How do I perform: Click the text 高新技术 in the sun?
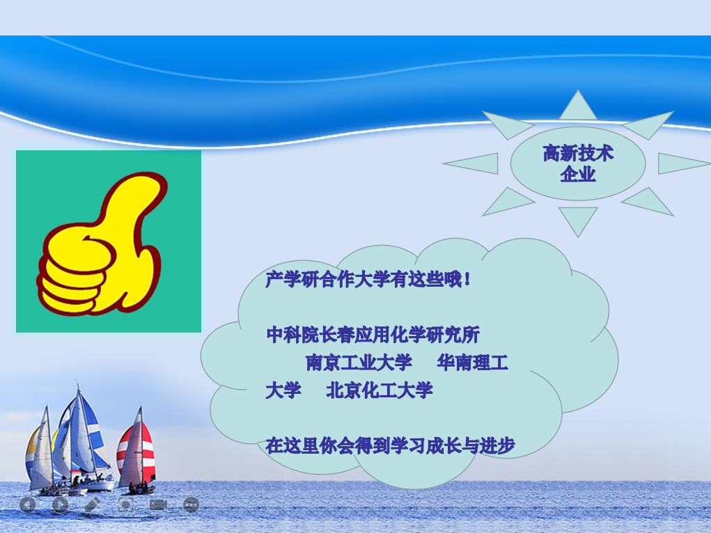click(x=578, y=153)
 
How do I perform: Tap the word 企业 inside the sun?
click(x=578, y=173)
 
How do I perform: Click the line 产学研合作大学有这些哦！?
click(x=368, y=279)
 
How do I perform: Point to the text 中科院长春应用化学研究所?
click(x=373, y=335)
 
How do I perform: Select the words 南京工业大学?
click(x=359, y=363)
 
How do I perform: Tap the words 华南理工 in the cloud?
click(x=472, y=363)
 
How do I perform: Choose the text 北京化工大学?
click(x=379, y=390)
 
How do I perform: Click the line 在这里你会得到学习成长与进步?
click(x=390, y=446)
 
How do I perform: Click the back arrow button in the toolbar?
click(x=28, y=504)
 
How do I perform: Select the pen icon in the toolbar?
click(x=92, y=504)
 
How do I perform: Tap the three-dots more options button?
click(x=191, y=504)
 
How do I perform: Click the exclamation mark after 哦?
click(x=467, y=279)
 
